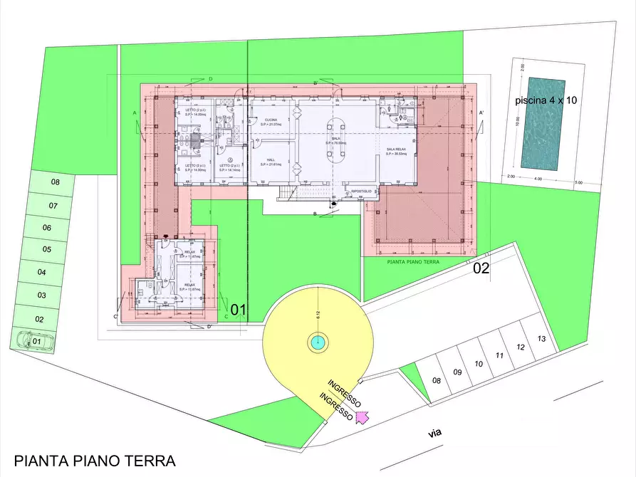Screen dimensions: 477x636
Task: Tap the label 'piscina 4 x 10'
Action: click(x=546, y=101)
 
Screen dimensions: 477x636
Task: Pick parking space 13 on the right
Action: click(x=542, y=339)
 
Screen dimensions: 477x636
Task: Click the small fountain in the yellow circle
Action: click(x=317, y=342)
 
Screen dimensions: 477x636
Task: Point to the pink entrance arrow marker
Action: click(x=362, y=416)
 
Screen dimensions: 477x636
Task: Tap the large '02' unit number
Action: click(x=481, y=268)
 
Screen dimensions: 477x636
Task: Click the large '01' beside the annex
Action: click(x=237, y=310)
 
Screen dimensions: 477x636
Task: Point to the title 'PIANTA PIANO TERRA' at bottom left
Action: click(x=95, y=461)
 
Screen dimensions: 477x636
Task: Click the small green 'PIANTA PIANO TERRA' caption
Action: click(x=413, y=262)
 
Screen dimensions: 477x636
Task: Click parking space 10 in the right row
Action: click(x=479, y=364)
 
